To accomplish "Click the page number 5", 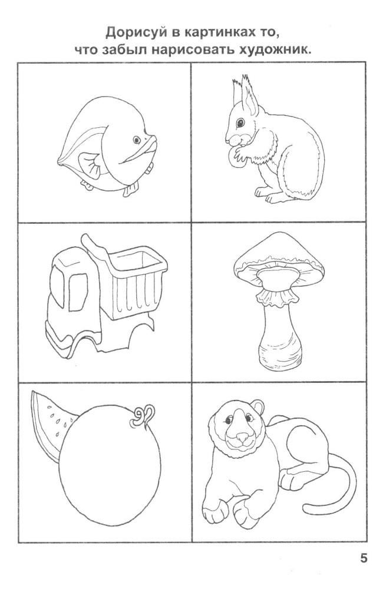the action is [x=364, y=558].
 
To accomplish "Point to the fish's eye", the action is [x=137, y=140].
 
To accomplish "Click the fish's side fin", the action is [x=89, y=164].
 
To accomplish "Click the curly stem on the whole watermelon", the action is [x=142, y=416].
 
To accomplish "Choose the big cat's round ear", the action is [x=258, y=408].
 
